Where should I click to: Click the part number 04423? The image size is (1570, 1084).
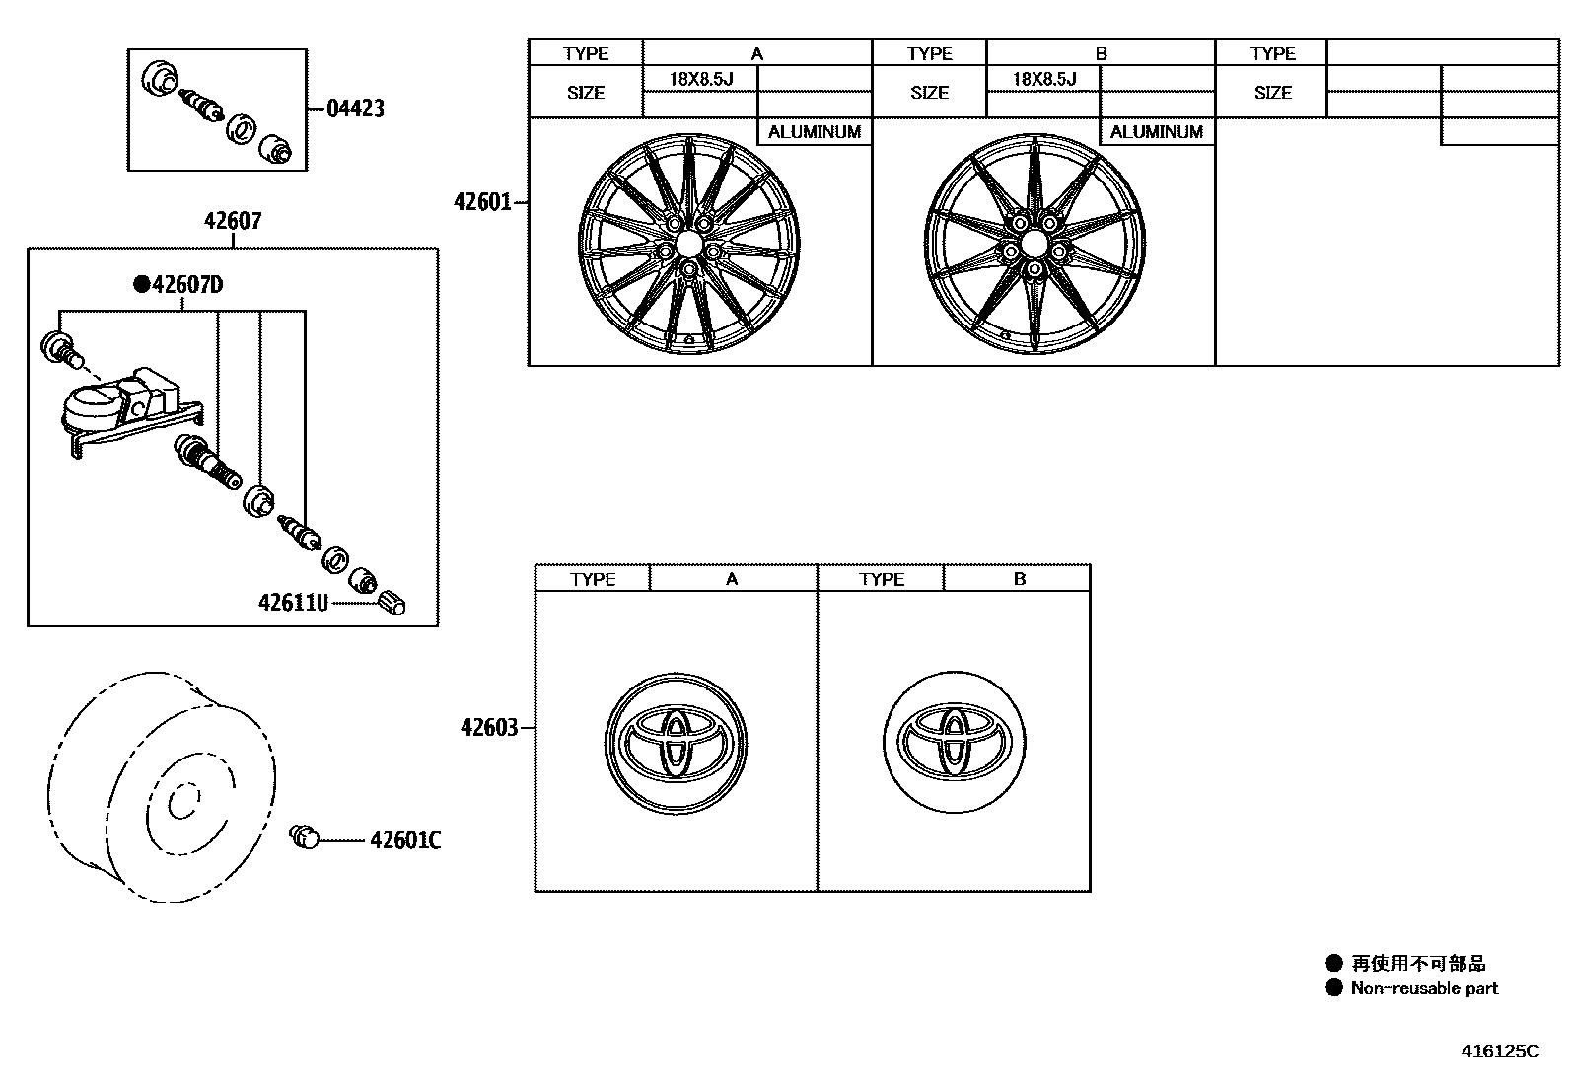355,108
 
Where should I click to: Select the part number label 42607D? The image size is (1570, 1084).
187,286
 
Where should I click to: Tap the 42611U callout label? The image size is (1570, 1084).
293,602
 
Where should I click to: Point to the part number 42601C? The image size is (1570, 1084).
405,840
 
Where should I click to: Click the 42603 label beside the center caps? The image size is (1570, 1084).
488,728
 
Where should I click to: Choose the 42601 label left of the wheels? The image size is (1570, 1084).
482,202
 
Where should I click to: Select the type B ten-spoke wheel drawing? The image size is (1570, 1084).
1034,244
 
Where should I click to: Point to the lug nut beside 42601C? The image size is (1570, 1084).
306,838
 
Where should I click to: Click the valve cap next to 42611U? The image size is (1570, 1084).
392,602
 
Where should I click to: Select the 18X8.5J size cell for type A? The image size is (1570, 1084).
700,79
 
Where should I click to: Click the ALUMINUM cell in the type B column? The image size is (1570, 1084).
1157,132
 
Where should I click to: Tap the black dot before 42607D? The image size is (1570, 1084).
141,286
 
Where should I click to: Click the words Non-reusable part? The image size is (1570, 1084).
1424,988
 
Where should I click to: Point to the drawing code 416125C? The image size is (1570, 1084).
1499,1051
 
